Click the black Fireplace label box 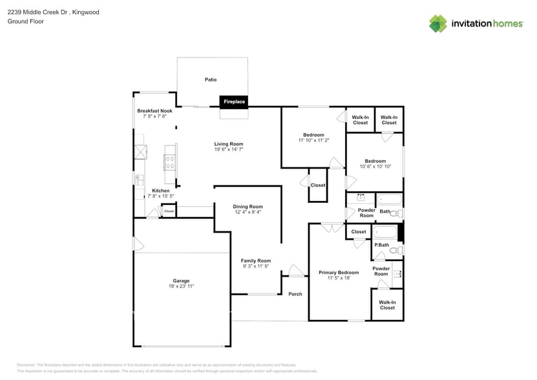pyautogui.click(x=233, y=101)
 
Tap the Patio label pyautogui.click(x=211, y=79)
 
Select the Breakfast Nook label pyautogui.click(x=154, y=111)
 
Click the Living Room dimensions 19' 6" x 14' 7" pyautogui.click(x=229, y=149)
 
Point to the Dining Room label pyautogui.click(x=248, y=207)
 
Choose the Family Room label pyautogui.click(x=256, y=260)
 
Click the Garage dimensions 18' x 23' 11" pyautogui.click(x=181, y=286)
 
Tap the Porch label pyautogui.click(x=295, y=294)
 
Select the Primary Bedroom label pyautogui.click(x=339, y=273)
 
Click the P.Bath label pyautogui.click(x=382, y=245)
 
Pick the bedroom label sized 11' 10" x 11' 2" pyautogui.click(x=313, y=135)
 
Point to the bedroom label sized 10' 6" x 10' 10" pyautogui.click(x=375, y=161)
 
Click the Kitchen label pyautogui.click(x=160, y=191)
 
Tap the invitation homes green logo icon pyautogui.click(x=438, y=24)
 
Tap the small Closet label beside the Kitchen pyautogui.click(x=169, y=211)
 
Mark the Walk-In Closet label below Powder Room pyautogui.click(x=387, y=304)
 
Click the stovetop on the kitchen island pyautogui.click(x=171, y=159)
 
